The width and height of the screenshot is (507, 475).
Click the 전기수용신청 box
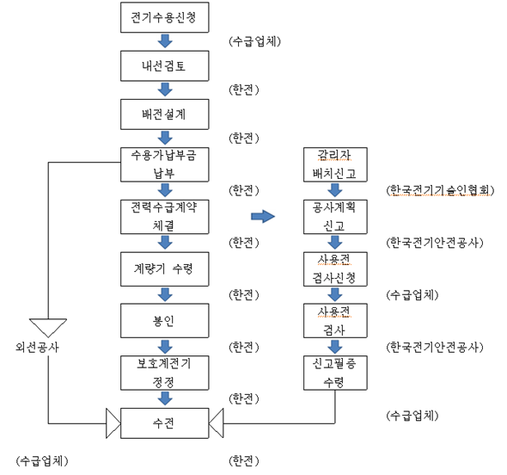click(x=165, y=17)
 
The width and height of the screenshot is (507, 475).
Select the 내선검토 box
click(x=165, y=65)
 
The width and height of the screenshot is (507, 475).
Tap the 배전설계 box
click(x=165, y=114)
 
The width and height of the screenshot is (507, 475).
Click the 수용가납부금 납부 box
click(x=165, y=164)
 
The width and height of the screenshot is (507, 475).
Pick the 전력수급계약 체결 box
click(x=165, y=217)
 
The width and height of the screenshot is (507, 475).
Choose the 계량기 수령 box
click(x=165, y=269)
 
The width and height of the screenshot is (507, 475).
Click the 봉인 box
click(x=165, y=321)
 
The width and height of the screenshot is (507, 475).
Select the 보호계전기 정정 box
click(x=165, y=373)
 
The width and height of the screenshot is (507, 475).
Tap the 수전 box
click(x=165, y=423)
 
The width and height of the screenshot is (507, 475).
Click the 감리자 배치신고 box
click(x=335, y=164)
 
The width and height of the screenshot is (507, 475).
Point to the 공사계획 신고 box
click(x=335, y=217)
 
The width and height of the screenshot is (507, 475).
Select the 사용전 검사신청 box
click(x=335, y=269)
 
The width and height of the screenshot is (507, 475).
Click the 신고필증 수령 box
click(x=335, y=373)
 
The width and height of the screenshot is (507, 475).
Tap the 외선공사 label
click(x=37, y=347)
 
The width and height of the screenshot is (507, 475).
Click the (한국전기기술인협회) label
click(x=440, y=190)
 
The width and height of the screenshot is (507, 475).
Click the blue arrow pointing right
click(x=263, y=216)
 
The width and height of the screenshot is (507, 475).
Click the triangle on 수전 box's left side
click(x=113, y=423)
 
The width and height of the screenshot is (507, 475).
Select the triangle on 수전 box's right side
click(x=217, y=423)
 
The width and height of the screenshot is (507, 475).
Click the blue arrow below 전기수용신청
click(x=165, y=41)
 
